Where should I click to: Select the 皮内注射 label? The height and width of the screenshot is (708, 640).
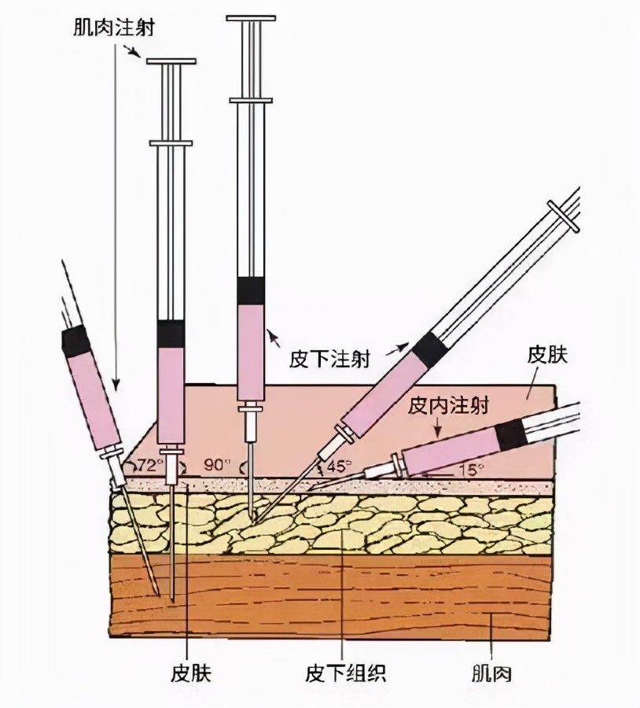pyautogui.click(x=449, y=406)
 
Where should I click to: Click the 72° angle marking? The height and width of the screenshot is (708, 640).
pyautogui.click(x=150, y=463)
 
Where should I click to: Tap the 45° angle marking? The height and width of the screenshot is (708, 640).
pyautogui.click(x=339, y=465)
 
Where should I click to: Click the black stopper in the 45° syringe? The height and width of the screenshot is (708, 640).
pyautogui.click(x=429, y=349)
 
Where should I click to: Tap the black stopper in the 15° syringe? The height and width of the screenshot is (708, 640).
pyautogui.click(x=511, y=433)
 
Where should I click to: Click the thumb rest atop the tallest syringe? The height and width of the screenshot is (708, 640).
pyautogui.click(x=251, y=17)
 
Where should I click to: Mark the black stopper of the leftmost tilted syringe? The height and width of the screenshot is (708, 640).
pyautogui.click(x=76, y=341)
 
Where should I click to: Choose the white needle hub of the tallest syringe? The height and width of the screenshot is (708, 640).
pyautogui.click(x=251, y=425)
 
